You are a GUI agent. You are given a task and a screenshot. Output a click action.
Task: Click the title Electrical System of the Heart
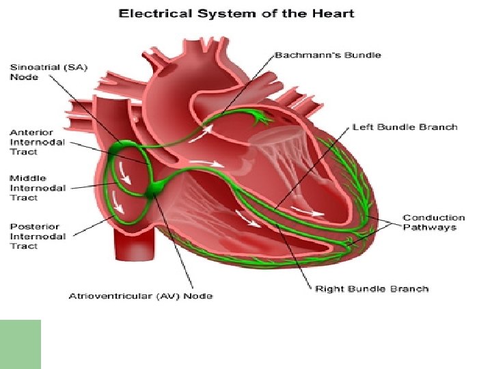[x=237, y=13]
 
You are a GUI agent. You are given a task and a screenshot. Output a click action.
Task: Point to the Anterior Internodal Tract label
[x=38, y=142]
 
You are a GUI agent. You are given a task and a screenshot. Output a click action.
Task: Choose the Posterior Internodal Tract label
[x=38, y=236]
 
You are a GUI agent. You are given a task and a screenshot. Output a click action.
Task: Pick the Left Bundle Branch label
[x=405, y=127]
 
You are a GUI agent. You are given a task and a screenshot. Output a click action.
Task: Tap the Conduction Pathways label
[x=434, y=223]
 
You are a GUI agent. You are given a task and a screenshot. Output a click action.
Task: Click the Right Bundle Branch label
[x=372, y=289]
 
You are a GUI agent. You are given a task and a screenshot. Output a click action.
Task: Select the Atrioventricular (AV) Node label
[x=141, y=296]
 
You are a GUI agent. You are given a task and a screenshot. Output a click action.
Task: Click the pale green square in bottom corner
[x=20, y=344]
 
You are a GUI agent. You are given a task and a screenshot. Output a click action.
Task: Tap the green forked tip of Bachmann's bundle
[x=260, y=120]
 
